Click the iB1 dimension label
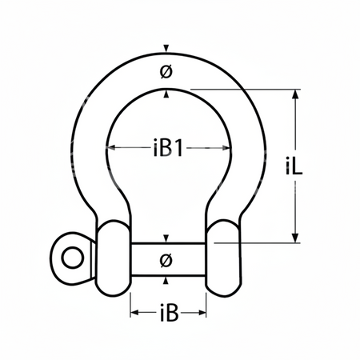pyautogui.click(x=168, y=148)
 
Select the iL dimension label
pyautogui.click(x=294, y=166)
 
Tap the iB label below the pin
pyautogui.click(x=169, y=313)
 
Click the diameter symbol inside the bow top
pyautogui.click(x=166, y=72)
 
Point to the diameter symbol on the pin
pyautogui.click(x=166, y=260)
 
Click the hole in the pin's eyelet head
pyautogui.click(x=73, y=258)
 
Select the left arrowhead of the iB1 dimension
pyautogui.click(x=110, y=147)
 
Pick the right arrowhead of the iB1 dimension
pyautogui.click(x=226, y=147)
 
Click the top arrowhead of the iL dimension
pyautogui.click(x=295, y=94)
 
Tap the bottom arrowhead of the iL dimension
pyautogui.click(x=295, y=238)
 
